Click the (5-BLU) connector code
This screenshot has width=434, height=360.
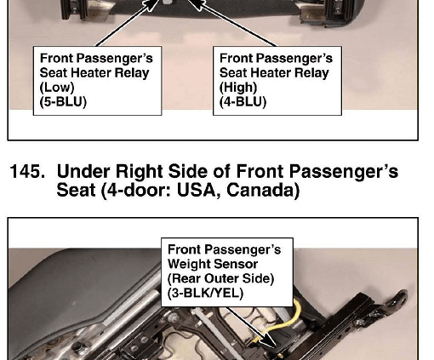pos(63,102)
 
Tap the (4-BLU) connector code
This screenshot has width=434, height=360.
pos(243,102)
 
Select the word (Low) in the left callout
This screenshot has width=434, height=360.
pos(57,88)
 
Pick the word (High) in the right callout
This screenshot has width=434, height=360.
pos(238,88)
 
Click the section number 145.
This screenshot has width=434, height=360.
pos(27,172)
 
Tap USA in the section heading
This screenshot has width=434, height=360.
pos(199,190)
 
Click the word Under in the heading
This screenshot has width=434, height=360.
pos(83,172)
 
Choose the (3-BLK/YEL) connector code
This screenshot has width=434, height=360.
pos(205,293)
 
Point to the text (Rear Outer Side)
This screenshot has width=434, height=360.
pos(220,278)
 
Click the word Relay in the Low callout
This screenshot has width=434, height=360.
pos(132,73)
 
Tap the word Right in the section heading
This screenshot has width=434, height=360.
pos(139,172)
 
